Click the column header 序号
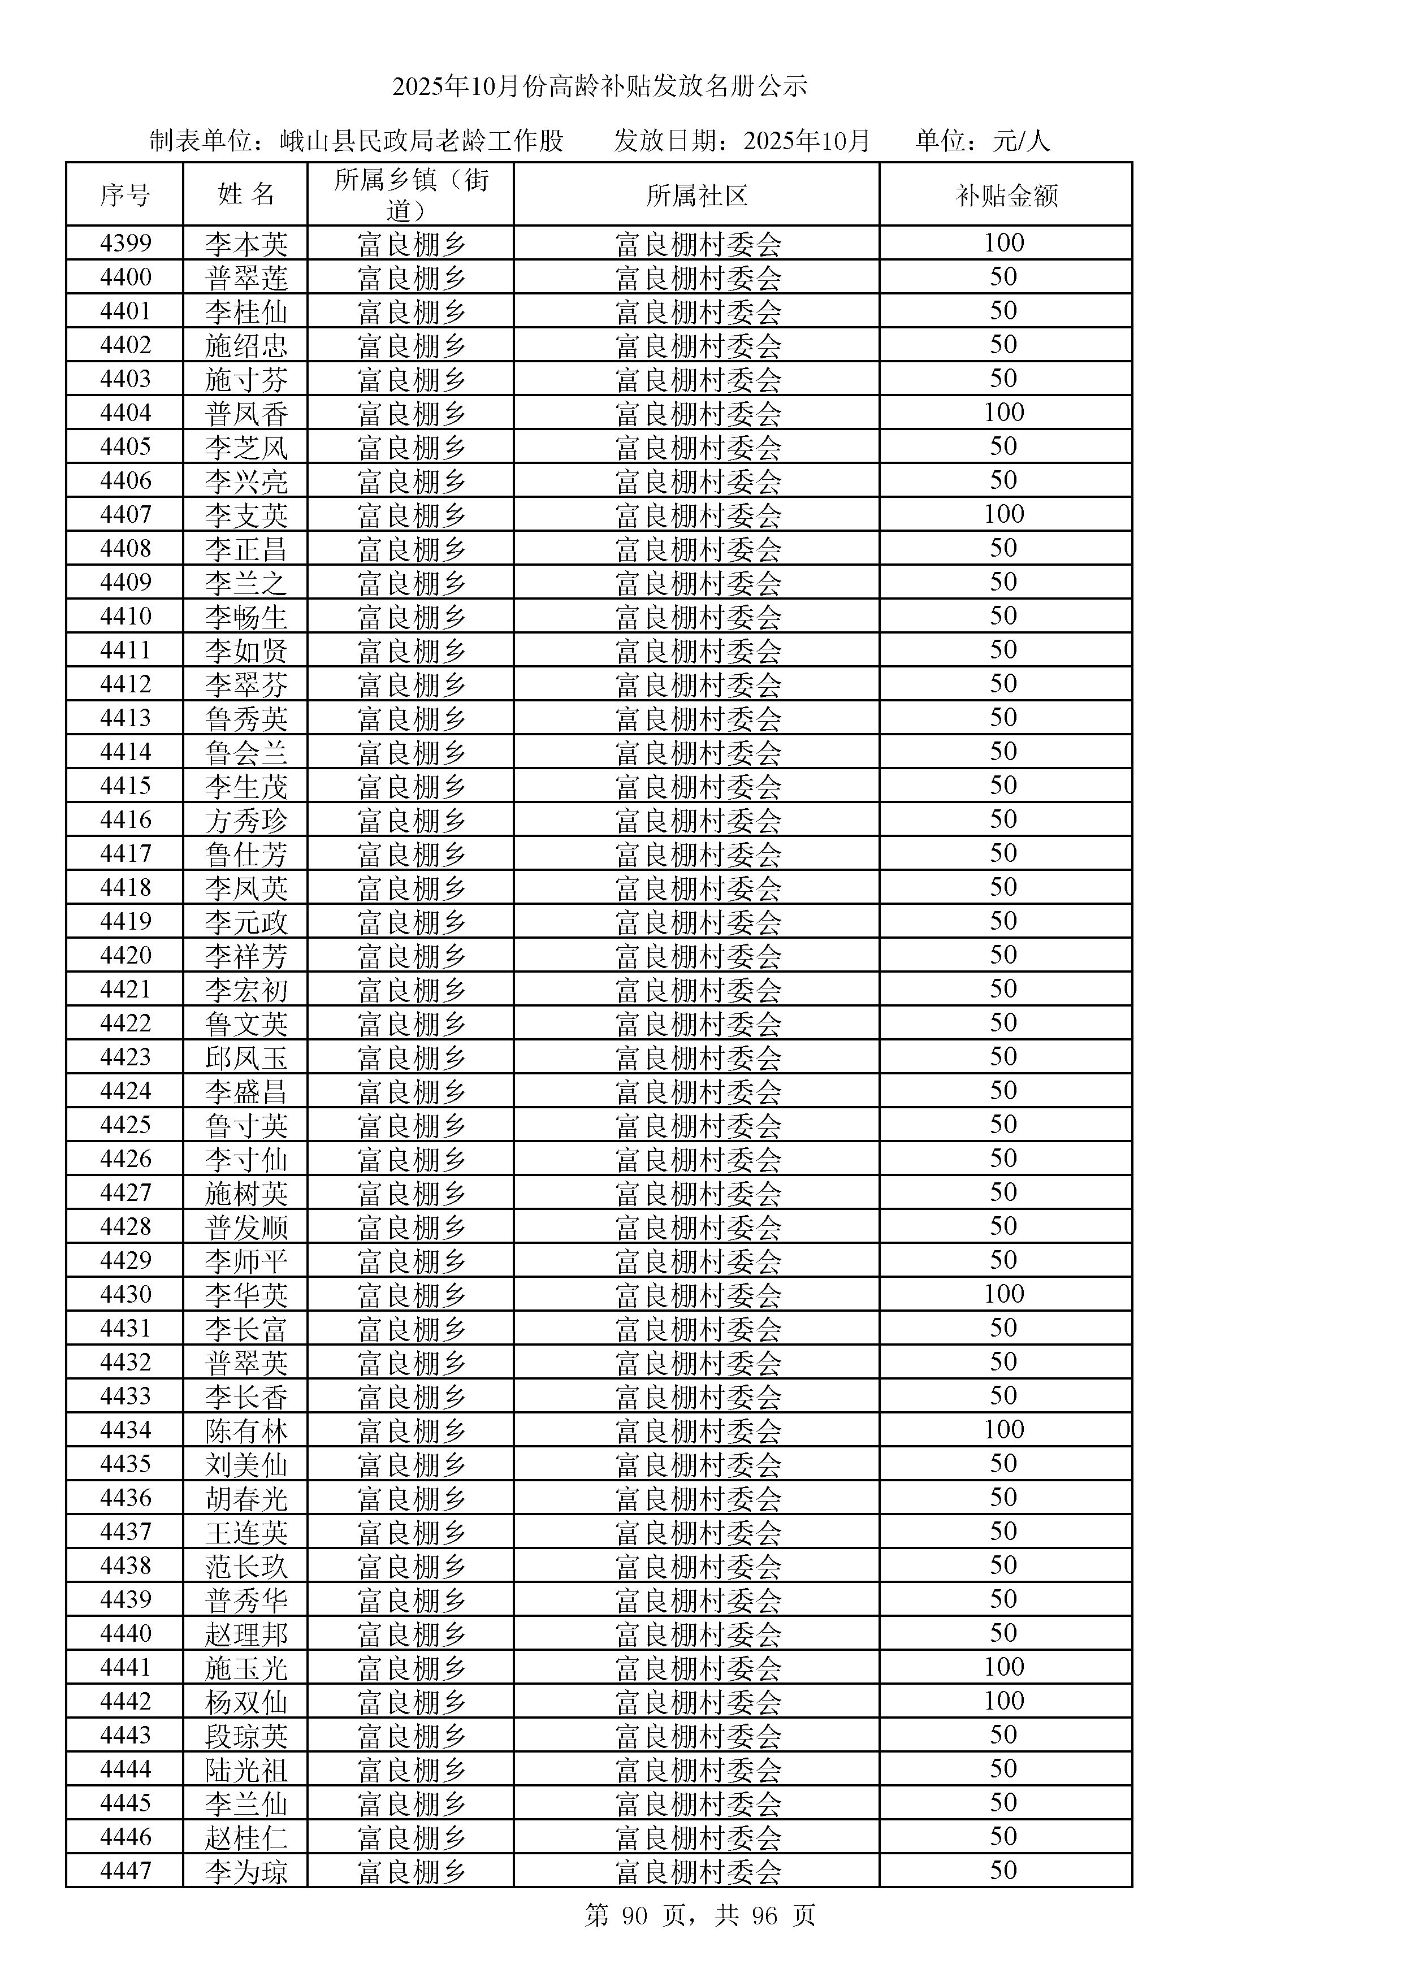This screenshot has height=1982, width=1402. click(x=125, y=195)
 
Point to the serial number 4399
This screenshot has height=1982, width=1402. click(x=125, y=244)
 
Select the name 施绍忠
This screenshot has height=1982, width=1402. click(x=246, y=345)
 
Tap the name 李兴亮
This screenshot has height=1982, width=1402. click(x=246, y=481)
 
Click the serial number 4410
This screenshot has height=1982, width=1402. click(x=125, y=617)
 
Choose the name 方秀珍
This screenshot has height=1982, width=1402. click(x=246, y=820)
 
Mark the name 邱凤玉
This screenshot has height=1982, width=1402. click(x=246, y=1057)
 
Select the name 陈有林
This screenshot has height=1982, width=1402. click(x=246, y=1430)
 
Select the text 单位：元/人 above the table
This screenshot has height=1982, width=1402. click(x=983, y=141)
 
